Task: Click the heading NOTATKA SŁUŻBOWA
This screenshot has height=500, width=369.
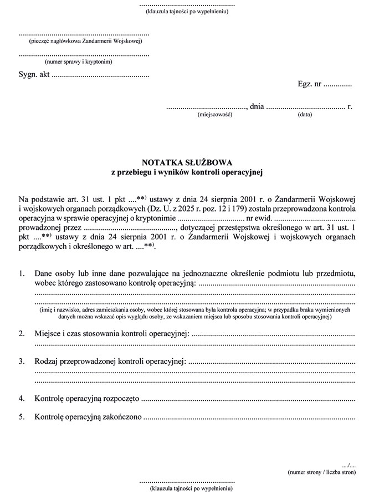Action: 187,162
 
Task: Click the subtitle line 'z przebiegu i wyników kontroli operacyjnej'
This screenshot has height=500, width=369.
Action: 187,172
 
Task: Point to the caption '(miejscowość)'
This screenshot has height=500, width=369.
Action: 214,115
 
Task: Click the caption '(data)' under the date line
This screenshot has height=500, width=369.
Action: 305,115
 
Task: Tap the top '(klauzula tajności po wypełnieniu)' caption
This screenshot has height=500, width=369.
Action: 187,11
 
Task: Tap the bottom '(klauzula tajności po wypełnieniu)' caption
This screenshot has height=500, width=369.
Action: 187,489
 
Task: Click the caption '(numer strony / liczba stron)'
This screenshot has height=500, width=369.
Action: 321,472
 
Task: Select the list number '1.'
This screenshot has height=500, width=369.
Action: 22,274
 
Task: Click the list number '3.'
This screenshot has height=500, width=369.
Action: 22,362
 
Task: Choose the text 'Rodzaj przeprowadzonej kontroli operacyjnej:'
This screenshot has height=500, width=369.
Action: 110,362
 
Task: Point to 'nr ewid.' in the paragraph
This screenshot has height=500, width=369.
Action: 262,218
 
